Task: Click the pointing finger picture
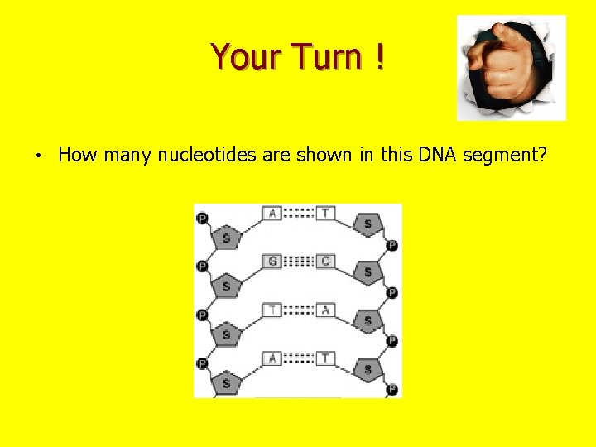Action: (511, 68)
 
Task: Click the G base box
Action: (272, 262)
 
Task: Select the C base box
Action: (325, 262)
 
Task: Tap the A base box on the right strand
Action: (325, 310)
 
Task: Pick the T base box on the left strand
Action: (272, 310)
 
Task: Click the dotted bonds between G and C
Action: (299, 262)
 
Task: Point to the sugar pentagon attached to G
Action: (227, 286)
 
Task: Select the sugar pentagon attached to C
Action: (368, 272)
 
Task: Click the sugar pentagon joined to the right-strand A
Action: (368, 320)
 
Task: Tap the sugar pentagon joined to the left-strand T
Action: (227, 334)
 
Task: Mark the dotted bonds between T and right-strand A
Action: (299, 310)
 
